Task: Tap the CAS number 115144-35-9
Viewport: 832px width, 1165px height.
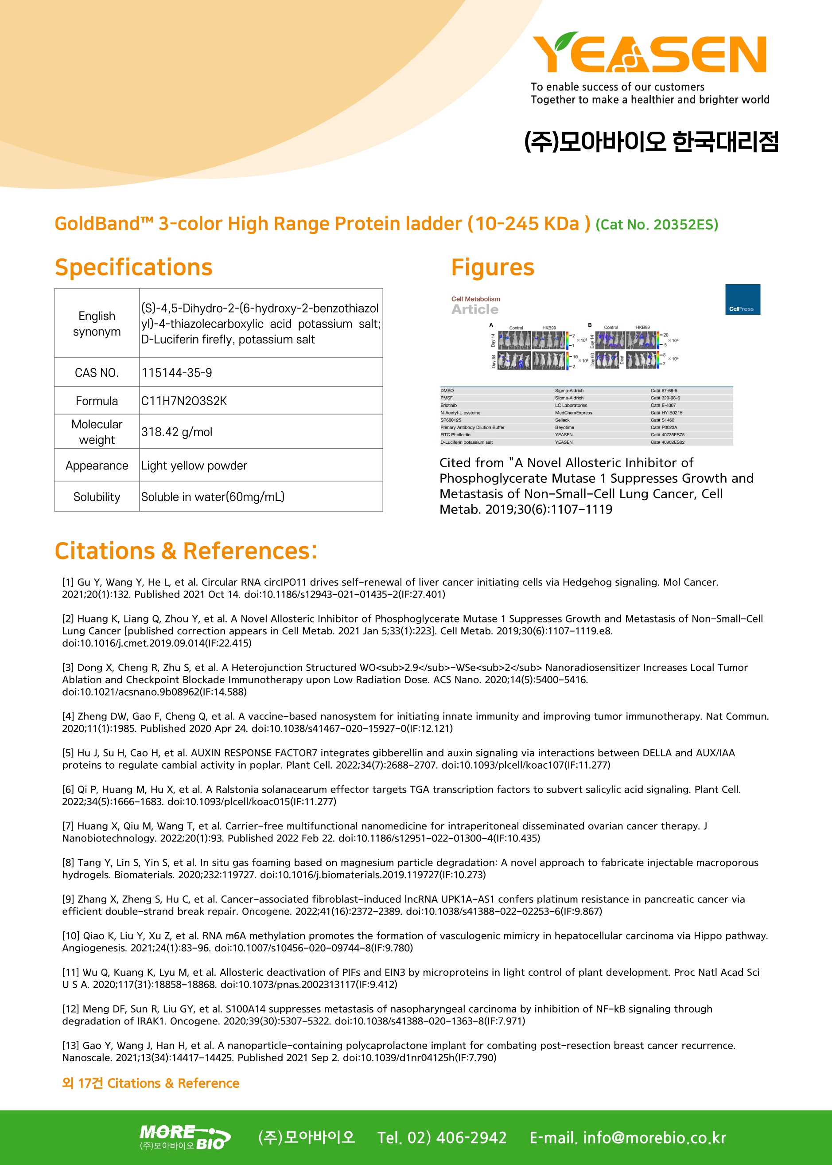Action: click(177, 373)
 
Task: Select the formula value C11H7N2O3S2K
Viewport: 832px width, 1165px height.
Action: click(184, 401)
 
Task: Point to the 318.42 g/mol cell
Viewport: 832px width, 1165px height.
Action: click(177, 432)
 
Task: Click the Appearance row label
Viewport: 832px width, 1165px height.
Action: click(97, 465)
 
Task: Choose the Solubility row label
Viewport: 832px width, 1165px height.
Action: click(97, 496)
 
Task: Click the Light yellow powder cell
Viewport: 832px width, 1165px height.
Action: click(194, 465)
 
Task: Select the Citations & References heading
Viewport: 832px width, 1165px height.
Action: click(186, 551)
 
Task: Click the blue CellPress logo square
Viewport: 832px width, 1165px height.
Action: click(743, 299)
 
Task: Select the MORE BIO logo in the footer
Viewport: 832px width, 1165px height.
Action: click(185, 1138)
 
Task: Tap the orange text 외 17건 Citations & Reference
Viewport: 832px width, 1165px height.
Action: click(151, 1083)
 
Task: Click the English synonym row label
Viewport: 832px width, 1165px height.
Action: click(97, 324)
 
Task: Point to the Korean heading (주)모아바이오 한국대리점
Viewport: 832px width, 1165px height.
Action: click(651, 142)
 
